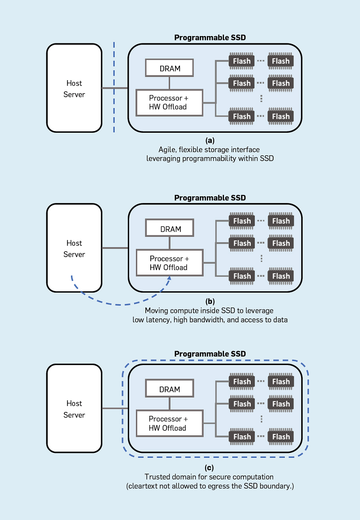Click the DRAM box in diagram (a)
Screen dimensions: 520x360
pyautogui.click(x=170, y=68)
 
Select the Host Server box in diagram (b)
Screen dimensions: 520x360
pyautogui.click(x=74, y=249)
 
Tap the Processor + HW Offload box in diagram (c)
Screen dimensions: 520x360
pyautogui.click(x=169, y=423)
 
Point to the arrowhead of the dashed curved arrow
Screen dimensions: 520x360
pyautogui.click(x=170, y=279)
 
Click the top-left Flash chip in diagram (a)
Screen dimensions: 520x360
pyautogui.click(x=242, y=61)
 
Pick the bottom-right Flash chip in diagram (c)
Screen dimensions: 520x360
pyautogui.click(x=281, y=437)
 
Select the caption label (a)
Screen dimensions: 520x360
pyautogui.click(x=210, y=140)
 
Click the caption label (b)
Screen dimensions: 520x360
pyautogui.click(x=210, y=301)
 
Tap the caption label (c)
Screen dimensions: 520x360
pyautogui.click(x=210, y=468)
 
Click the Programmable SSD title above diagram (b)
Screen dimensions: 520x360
pyautogui.click(x=210, y=198)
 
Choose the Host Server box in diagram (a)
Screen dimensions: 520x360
pyautogui.click(x=74, y=88)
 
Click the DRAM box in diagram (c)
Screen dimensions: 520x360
pyautogui.click(x=170, y=389)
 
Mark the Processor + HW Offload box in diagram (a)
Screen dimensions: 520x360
pyautogui.click(x=169, y=102)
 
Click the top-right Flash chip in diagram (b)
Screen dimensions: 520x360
pyautogui.click(x=281, y=221)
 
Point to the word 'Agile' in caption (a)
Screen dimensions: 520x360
pyautogui.click(x=167, y=149)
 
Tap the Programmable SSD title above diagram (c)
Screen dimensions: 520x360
pyautogui.click(x=210, y=354)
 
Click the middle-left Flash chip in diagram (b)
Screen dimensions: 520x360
pyautogui.click(x=242, y=243)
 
